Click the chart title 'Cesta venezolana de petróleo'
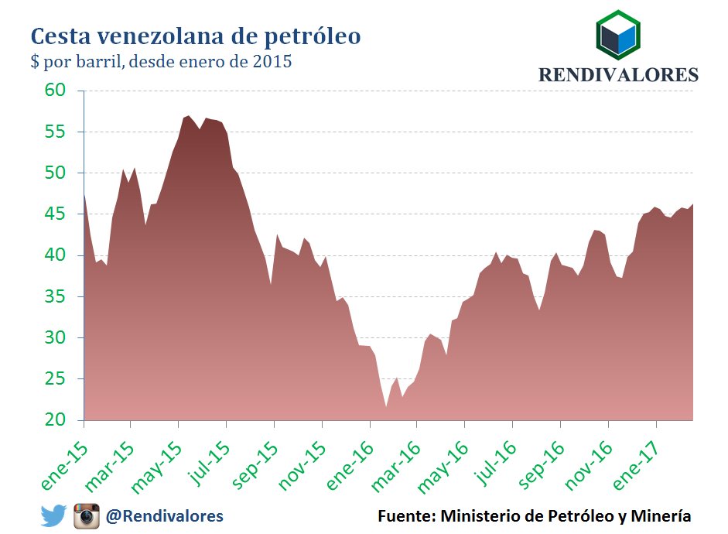click(195, 36)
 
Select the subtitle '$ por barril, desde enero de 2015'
click(161, 62)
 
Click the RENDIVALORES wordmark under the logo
click(618, 75)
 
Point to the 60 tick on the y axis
click(66, 91)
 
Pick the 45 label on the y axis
click(66, 214)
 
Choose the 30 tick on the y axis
click(66, 338)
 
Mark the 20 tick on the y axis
click(66, 420)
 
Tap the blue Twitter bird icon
click(53, 515)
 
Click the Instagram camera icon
click(87, 515)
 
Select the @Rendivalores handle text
click(165, 515)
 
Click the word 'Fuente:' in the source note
click(406, 515)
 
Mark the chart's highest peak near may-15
click(188, 115)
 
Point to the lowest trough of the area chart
click(385, 406)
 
